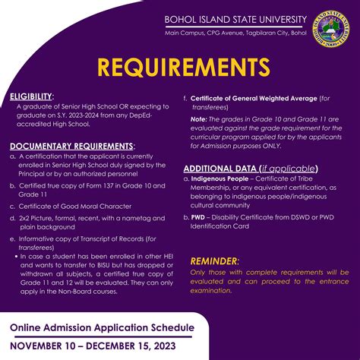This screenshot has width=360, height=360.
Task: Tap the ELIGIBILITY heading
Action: point(31,97)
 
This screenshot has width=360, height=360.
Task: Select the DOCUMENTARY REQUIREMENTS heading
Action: point(73,145)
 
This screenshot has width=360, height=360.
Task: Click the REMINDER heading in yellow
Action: point(219,260)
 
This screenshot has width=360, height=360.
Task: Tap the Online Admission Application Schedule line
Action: point(101,327)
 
